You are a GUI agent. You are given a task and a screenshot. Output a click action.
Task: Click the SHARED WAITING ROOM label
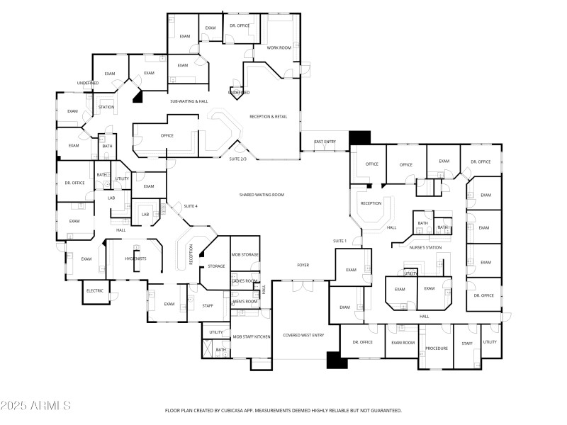tap(262, 194)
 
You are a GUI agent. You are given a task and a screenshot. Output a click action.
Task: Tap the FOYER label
tap(303, 265)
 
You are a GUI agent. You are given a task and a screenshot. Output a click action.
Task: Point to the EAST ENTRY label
tap(325, 142)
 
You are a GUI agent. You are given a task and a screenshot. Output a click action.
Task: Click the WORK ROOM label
tap(279, 47)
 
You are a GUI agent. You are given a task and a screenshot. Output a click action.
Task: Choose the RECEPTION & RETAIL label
tap(268, 116)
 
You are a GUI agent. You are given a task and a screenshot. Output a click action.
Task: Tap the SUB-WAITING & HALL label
tap(189, 101)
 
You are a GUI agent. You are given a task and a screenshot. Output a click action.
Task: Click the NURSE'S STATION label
tap(425, 247)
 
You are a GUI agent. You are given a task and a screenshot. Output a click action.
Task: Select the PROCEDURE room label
tap(436, 348)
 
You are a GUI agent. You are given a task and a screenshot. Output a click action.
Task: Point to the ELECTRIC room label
tap(95, 291)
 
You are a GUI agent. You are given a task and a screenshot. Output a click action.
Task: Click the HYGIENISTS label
tap(135, 259)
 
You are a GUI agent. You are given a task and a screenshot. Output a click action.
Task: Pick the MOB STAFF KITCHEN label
tap(252, 336)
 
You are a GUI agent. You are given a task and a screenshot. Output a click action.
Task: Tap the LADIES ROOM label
tap(245, 281)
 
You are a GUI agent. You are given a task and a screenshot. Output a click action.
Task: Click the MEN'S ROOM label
tap(245, 302)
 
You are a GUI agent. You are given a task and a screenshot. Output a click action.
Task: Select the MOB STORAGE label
tap(245, 254)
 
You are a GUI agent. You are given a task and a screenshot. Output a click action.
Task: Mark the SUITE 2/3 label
tap(237, 159)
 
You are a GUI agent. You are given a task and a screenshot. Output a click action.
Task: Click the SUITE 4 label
tap(191, 206)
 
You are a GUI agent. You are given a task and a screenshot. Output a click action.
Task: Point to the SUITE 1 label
tap(340, 241)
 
